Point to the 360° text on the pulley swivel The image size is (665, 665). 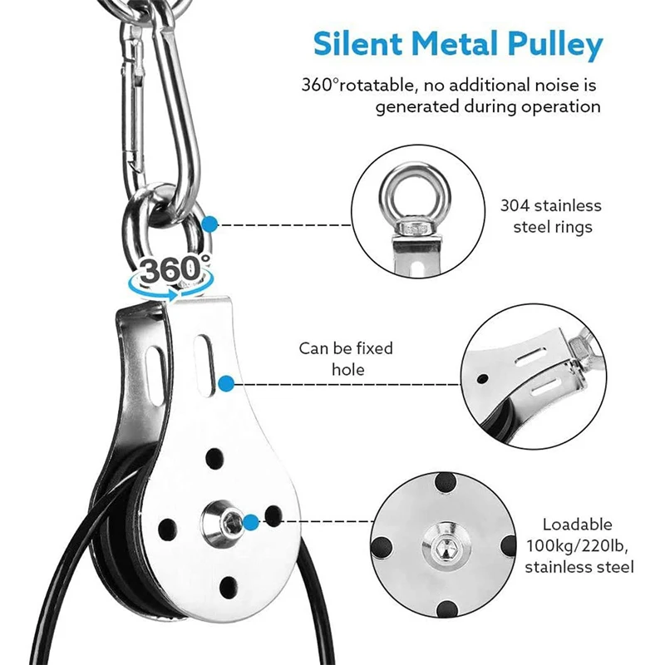(172, 269)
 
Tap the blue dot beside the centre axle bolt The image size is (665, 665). (273, 521)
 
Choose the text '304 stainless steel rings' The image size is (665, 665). (550, 214)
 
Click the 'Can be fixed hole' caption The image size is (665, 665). (346, 358)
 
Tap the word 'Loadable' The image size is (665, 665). (577, 525)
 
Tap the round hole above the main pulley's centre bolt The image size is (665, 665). (215, 456)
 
